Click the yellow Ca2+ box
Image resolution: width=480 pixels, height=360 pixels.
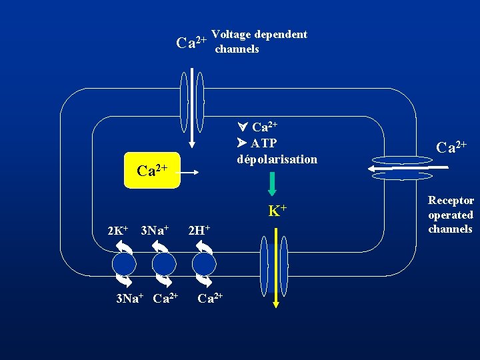(152, 171)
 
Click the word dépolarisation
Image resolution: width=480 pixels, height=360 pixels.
(277, 159)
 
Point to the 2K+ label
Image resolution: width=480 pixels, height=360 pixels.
(118, 231)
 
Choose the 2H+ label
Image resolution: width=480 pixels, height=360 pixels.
(199, 231)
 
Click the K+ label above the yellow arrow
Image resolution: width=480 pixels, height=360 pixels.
(277, 211)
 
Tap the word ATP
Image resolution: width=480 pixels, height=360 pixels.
(264, 143)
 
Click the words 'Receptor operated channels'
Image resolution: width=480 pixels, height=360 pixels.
(451, 215)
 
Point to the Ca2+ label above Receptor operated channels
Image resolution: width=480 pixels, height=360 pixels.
(451, 146)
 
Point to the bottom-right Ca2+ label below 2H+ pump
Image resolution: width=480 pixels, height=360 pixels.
(210, 297)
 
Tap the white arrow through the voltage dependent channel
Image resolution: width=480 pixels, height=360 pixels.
(192, 107)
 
